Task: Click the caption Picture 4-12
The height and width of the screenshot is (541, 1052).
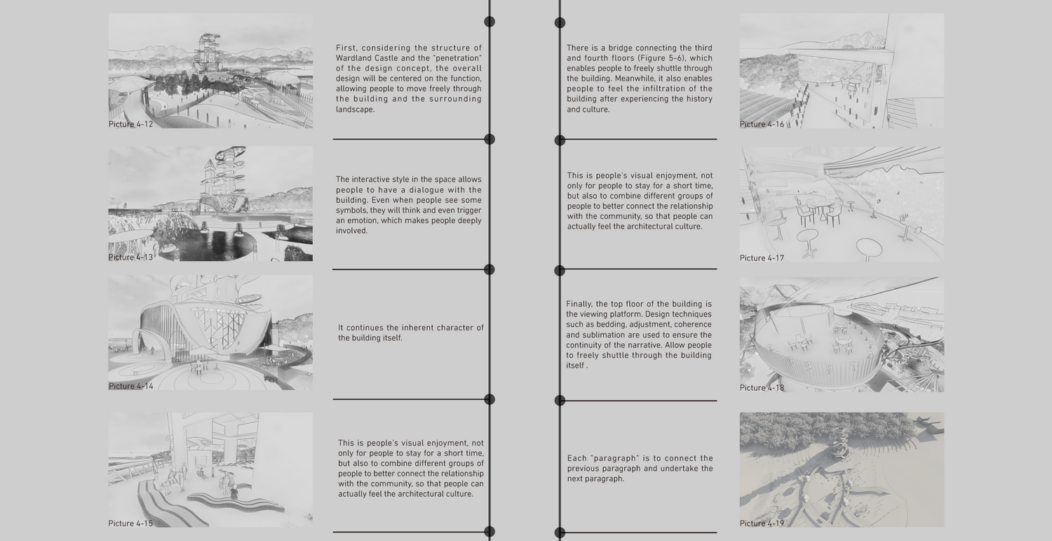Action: click(130, 124)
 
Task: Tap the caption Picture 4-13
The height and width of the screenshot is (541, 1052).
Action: click(130, 257)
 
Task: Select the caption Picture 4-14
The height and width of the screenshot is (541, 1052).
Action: click(131, 386)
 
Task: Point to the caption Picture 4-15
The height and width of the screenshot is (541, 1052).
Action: click(130, 523)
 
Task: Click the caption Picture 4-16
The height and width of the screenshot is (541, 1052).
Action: click(762, 124)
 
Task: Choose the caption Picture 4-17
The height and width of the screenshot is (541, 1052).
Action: click(762, 258)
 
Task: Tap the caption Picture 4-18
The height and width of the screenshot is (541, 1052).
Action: click(762, 388)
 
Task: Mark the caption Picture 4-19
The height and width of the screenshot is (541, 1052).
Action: click(762, 523)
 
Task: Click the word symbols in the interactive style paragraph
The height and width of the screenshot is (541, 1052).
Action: click(351, 211)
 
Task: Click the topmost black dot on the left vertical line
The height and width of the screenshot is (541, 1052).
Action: click(490, 22)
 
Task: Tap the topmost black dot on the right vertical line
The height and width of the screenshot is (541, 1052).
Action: click(560, 22)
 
